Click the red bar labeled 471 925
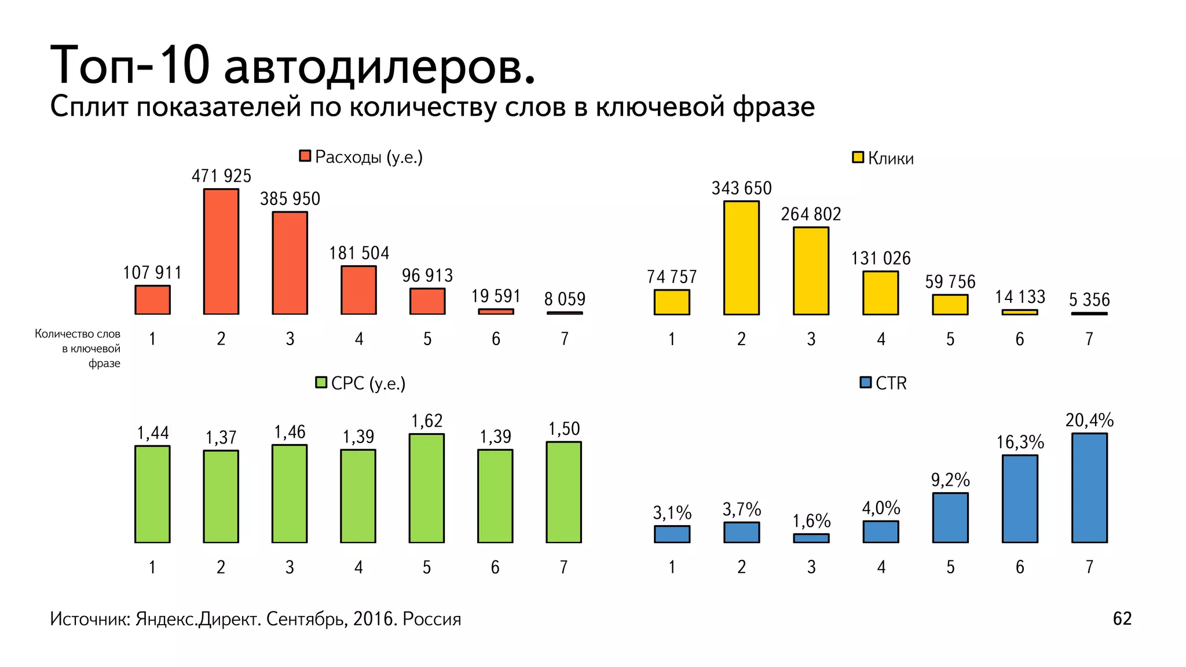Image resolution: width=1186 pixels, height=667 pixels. point(221,252)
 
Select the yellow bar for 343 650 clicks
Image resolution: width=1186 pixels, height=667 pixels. point(741,258)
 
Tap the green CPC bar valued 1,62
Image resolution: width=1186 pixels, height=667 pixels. point(427,488)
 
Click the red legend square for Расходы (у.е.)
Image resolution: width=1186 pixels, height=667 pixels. point(305,156)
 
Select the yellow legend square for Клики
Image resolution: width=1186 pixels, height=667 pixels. point(858,157)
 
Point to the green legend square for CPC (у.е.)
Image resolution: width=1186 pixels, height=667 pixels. point(321,382)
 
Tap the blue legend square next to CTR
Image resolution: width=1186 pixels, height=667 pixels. point(866,382)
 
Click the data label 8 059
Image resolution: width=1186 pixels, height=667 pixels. point(565,299)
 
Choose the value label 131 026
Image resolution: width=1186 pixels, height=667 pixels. point(880,258)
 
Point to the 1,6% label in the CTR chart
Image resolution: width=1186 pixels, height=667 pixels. point(811,521)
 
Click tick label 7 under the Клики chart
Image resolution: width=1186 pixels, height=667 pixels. point(1089,339)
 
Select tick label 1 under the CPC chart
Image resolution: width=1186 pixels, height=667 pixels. point(152,567)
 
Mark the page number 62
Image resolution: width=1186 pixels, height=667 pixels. point(1122,618)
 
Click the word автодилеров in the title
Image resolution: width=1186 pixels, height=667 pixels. point(379,65)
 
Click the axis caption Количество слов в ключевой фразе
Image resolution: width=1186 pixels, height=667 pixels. point(78,348)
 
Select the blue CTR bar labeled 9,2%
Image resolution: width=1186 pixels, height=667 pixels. point(950,518)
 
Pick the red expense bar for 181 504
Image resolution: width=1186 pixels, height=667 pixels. point(358,290)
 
